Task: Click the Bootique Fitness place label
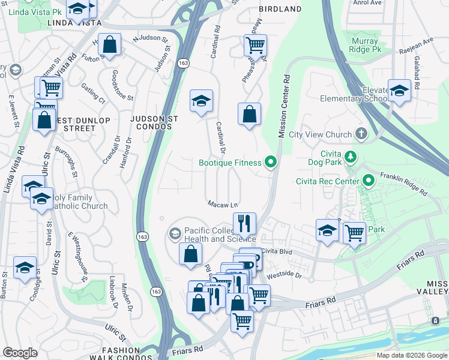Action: pos(230,163)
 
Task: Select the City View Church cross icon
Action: pos(361,133)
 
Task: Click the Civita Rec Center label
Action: pos(327,181)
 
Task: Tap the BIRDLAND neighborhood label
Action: pos(280,9)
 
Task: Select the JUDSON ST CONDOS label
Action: pos(154,124)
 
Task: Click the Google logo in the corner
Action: pos(20,352)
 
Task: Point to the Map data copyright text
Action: pos(412,355)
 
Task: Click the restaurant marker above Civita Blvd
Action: pos(244,223)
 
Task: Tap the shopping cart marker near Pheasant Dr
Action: pos(255,44)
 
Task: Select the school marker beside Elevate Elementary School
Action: pos(399,90)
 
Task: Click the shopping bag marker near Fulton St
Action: pos(110,44)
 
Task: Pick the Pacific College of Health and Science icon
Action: pos(175,233)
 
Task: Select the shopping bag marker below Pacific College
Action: pos(190,253)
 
